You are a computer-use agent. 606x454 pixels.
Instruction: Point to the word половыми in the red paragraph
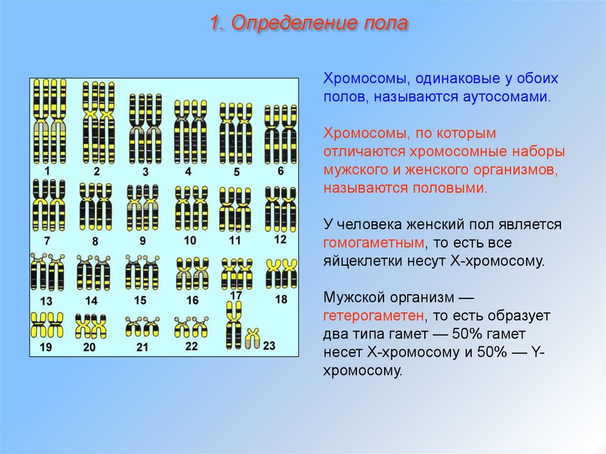click(x=450, y=188)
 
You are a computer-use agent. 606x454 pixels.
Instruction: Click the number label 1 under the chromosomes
click(x=47, y=170)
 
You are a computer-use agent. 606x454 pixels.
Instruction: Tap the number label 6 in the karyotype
click(x=281, y=170)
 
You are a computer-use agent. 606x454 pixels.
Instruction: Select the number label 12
click(x=280, y=240)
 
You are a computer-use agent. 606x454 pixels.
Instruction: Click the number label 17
click(x=236, y=295)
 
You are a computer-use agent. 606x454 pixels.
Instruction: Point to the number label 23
click(x=269, y=345)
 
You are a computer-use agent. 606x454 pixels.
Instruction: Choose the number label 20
click(x=89, y=347)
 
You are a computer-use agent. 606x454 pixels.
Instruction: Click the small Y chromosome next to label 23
click(x=252, y=338)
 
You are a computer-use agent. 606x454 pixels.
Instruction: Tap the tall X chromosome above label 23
click(x=234, y=325)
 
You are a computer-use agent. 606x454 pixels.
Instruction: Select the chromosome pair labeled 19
click(x=47, y=325)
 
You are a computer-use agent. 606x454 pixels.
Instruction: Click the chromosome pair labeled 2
click(x=99, y=123)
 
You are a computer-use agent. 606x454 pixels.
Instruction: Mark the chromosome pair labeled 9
click(x=143, y=208)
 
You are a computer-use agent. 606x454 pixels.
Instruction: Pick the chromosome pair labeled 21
click(x=143, y=326)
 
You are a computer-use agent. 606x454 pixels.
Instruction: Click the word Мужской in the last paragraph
click(x=350, y=298)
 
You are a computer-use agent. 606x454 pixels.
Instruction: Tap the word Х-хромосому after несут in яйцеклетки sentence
click(x=498, y=261)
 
